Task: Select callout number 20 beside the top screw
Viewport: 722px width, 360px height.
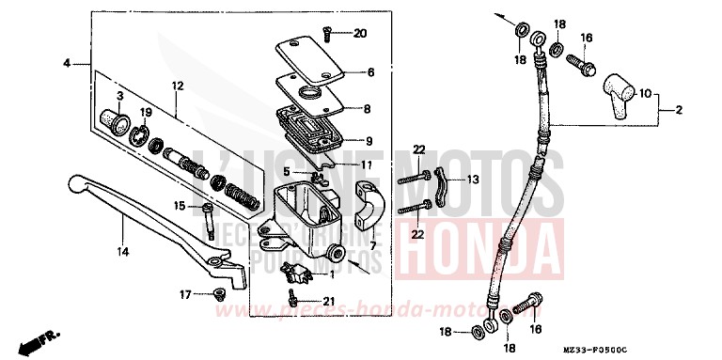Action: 361,34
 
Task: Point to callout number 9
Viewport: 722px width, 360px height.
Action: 369,141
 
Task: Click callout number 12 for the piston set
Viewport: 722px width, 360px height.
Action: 176,86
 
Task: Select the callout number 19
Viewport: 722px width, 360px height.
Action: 146,115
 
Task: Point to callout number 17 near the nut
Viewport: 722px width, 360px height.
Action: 186,294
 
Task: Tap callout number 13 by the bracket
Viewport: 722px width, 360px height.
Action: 472,179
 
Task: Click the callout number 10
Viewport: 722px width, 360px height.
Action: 644,94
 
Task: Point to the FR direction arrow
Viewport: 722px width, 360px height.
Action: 42,336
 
